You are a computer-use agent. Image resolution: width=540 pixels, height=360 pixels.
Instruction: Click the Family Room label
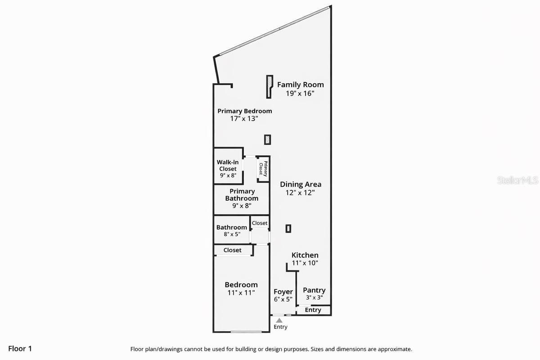click(x=300, y=85)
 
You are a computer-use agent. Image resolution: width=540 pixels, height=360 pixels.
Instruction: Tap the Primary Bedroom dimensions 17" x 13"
click(x=244, y=119)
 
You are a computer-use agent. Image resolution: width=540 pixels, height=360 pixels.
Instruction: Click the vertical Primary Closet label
click(x=263, y=169)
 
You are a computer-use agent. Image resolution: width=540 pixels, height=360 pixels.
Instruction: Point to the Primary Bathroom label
click(x=242, y=195)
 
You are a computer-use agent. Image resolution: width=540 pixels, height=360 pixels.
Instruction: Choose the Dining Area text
click(x=301, y=184)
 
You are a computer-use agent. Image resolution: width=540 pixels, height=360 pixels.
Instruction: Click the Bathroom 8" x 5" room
click(x=231, y=230)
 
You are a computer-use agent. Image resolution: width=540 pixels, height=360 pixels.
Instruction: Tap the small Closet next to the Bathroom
click(x=260, y=223)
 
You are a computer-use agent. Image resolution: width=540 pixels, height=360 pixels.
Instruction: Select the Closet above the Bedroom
click(x=232, y=250)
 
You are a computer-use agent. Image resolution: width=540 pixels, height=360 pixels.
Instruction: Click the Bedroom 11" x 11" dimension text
click(x=241, y=292)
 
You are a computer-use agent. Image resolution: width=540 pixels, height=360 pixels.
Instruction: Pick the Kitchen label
click(x=305, y=255)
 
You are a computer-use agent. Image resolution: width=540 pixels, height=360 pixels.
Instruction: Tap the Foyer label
click(x=283, y=292)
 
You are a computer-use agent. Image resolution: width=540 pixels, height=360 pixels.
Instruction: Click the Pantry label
click(x=314, y=290)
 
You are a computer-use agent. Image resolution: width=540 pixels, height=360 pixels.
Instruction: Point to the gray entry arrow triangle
click(x=279, y=320)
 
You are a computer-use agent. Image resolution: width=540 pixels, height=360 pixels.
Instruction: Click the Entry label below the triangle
click(x=280, y=327)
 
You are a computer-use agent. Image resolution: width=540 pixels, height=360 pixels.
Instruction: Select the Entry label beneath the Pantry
click(x=313, y=310)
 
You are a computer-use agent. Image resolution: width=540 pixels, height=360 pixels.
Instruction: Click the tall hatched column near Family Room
click(x=269, y=86)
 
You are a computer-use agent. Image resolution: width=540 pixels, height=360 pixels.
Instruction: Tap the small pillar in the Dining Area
click(x=288, y=229)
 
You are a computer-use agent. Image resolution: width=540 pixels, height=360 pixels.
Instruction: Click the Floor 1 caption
click(x=20, y=348)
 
